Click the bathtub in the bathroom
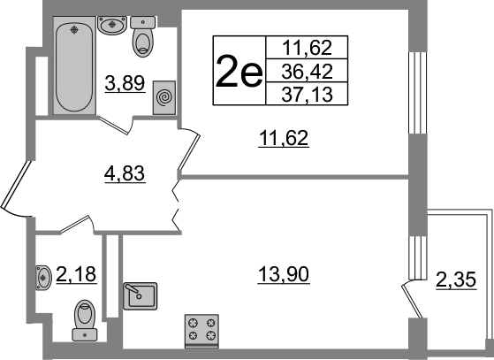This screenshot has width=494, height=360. point(74,65)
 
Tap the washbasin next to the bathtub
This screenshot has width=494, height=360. point(112,25)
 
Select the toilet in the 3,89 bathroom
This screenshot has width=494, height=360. point(142,36)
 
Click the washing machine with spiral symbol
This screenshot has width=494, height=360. point(164,97)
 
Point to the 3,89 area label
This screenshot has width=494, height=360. point(125,83)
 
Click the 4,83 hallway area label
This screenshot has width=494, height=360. point(125,173)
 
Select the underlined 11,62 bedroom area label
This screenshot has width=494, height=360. point(283,138)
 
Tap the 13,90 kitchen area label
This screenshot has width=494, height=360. point(284,274)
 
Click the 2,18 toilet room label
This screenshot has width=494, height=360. point(76,274)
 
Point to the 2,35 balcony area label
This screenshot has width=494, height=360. point(456,280)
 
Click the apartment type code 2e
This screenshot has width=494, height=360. point(239,71)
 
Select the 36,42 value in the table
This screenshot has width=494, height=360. point(307,72)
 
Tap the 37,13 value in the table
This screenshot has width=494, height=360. point(307,95)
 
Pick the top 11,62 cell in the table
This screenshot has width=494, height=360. point(307,48)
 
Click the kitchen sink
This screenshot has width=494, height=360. point(141,296)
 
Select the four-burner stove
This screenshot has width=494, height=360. point(201,331)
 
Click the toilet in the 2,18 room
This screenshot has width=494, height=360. point(85,320)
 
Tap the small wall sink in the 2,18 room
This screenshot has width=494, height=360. point(43,278)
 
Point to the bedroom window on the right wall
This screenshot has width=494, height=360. point(418,93)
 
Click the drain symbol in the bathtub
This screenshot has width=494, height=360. point(74,30)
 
